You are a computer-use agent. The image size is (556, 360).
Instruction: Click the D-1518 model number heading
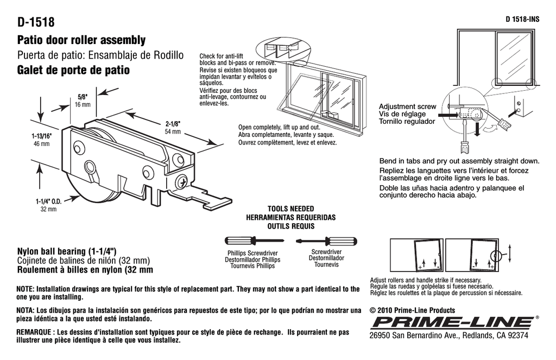tap(36, 22)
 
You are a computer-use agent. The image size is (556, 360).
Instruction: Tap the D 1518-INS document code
tap(522, 19)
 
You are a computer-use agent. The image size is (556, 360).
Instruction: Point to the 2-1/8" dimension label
tap(172, 123)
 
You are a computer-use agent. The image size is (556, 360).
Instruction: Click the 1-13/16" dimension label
tap(41, 136)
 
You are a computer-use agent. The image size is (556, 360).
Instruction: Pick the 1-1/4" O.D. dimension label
tap(48, 201)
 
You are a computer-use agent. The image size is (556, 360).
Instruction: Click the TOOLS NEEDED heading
tap(290, 209)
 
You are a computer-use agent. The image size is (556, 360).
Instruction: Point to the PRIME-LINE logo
tap(451, 322)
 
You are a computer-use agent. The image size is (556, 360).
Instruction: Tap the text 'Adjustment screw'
tap(407, 106)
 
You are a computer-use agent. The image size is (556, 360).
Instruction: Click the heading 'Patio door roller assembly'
tap(81, 40)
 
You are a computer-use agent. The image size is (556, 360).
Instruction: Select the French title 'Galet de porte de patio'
tap(74, 71)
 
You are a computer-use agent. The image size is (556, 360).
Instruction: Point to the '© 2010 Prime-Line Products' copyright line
tap(412, 311)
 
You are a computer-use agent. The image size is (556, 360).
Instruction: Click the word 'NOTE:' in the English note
tap(26, 289)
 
